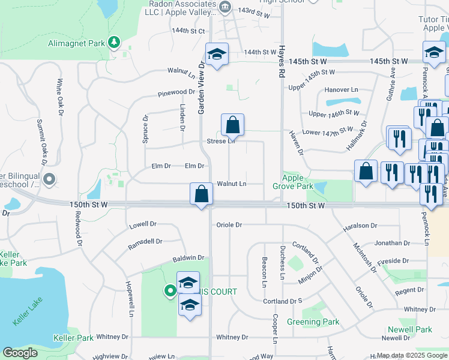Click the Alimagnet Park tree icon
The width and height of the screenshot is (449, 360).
pos(113,43)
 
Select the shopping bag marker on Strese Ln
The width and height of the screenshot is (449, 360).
pos(232,125)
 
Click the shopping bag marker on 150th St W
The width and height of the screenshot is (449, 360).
pos(201,194)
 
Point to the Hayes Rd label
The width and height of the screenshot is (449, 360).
pos(281,62)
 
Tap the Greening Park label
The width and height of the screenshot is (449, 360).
pos(313,322)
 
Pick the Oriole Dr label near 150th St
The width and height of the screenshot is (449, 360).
pos(229,225)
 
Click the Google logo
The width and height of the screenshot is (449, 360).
pos(20,353)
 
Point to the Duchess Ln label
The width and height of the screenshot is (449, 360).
pos(282,262)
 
